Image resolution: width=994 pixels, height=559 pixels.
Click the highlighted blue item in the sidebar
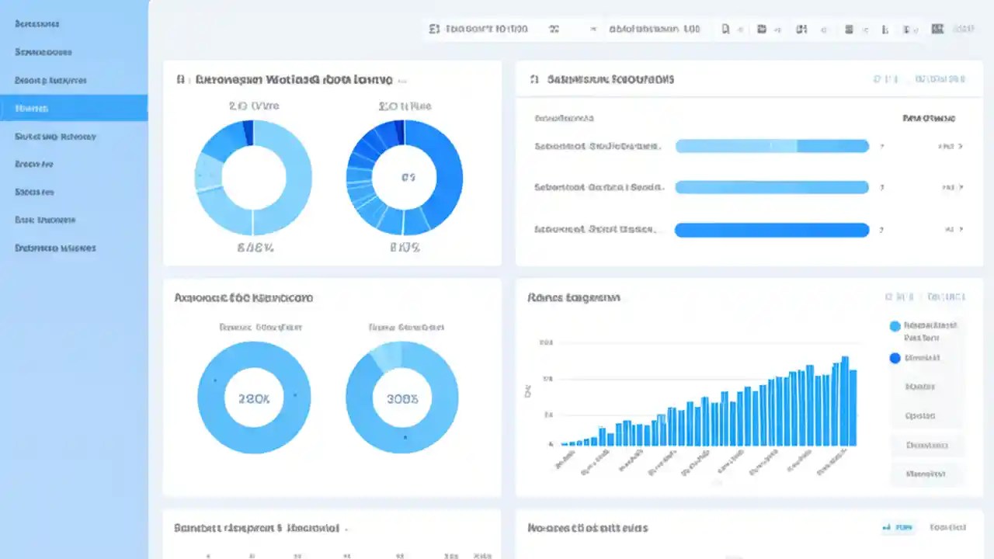(x=74, y=108)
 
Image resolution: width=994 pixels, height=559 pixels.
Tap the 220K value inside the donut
(x=254, y=399)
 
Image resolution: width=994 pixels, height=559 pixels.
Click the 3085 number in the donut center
(x=401, y=399)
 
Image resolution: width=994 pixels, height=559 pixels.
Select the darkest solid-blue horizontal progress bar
(x=772, y=230)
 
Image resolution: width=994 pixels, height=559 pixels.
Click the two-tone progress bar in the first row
(x=772, y=146)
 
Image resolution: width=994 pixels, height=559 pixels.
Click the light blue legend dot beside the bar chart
(x=895, y=327)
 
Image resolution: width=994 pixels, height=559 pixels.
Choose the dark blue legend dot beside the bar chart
(x=895, y=358)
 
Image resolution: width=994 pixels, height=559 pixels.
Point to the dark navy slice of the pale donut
(x=248, y=132)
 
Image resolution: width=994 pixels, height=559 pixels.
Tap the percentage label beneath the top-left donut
(x=253, y=248)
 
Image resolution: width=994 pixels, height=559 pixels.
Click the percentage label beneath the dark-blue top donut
(x=404, y=248)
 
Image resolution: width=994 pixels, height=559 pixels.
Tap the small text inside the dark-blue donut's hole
(x=408, y=178)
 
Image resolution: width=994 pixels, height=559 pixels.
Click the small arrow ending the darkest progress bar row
(x=961, y=230)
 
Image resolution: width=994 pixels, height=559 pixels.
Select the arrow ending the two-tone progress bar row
(x=961, y=146)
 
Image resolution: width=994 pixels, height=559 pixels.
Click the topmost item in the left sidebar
(x=36, y=24)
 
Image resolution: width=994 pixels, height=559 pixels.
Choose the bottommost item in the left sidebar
(x=55, y=248)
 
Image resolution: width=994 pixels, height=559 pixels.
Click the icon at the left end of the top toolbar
(x=433, y=29)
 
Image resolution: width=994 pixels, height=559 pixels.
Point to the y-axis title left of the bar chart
(x=528, y=391)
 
